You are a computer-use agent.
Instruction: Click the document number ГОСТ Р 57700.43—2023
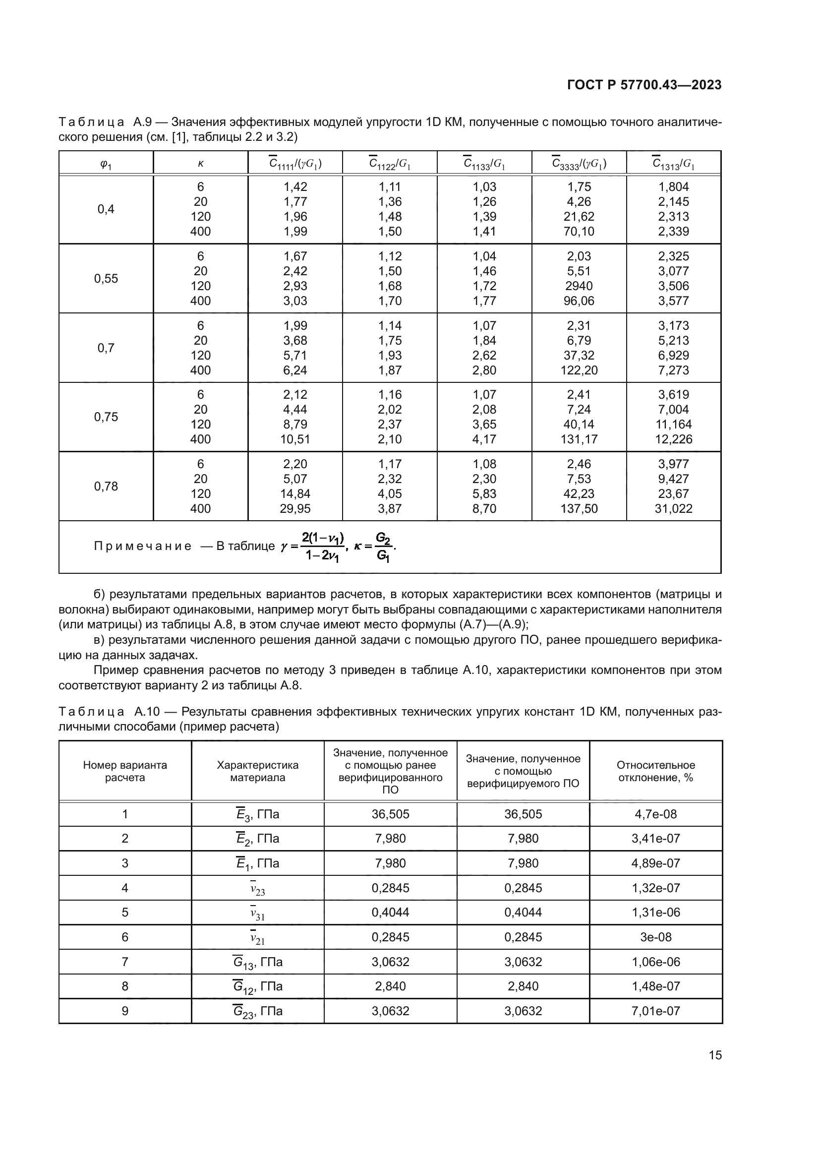point(644,85)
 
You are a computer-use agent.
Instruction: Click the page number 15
point(715,1055)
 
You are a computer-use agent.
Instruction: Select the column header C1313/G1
point(673,164)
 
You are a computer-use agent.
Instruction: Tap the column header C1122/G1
point(389,164)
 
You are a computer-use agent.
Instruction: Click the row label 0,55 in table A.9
point(106,278)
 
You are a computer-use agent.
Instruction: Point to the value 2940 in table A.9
point(579,286)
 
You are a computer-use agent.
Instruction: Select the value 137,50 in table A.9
point(579,508)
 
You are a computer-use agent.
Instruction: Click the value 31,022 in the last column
point(673,508)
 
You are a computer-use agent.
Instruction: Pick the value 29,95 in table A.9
point(295,508)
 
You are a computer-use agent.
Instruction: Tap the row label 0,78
point(106,486)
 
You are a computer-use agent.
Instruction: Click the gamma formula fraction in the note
point(322,547)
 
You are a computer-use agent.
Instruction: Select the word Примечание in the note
point(143,546)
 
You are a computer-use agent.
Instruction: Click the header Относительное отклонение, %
point(655,771)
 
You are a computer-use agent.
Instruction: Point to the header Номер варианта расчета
point(125,771)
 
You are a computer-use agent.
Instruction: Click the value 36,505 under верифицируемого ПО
point(523,814)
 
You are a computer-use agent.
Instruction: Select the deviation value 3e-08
point(655,937)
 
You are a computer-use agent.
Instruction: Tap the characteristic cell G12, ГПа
point(257,986)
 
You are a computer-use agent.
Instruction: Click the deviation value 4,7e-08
point(655,814)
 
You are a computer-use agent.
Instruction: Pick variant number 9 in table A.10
point(125,1011)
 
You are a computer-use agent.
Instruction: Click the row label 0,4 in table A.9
point(106,209)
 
